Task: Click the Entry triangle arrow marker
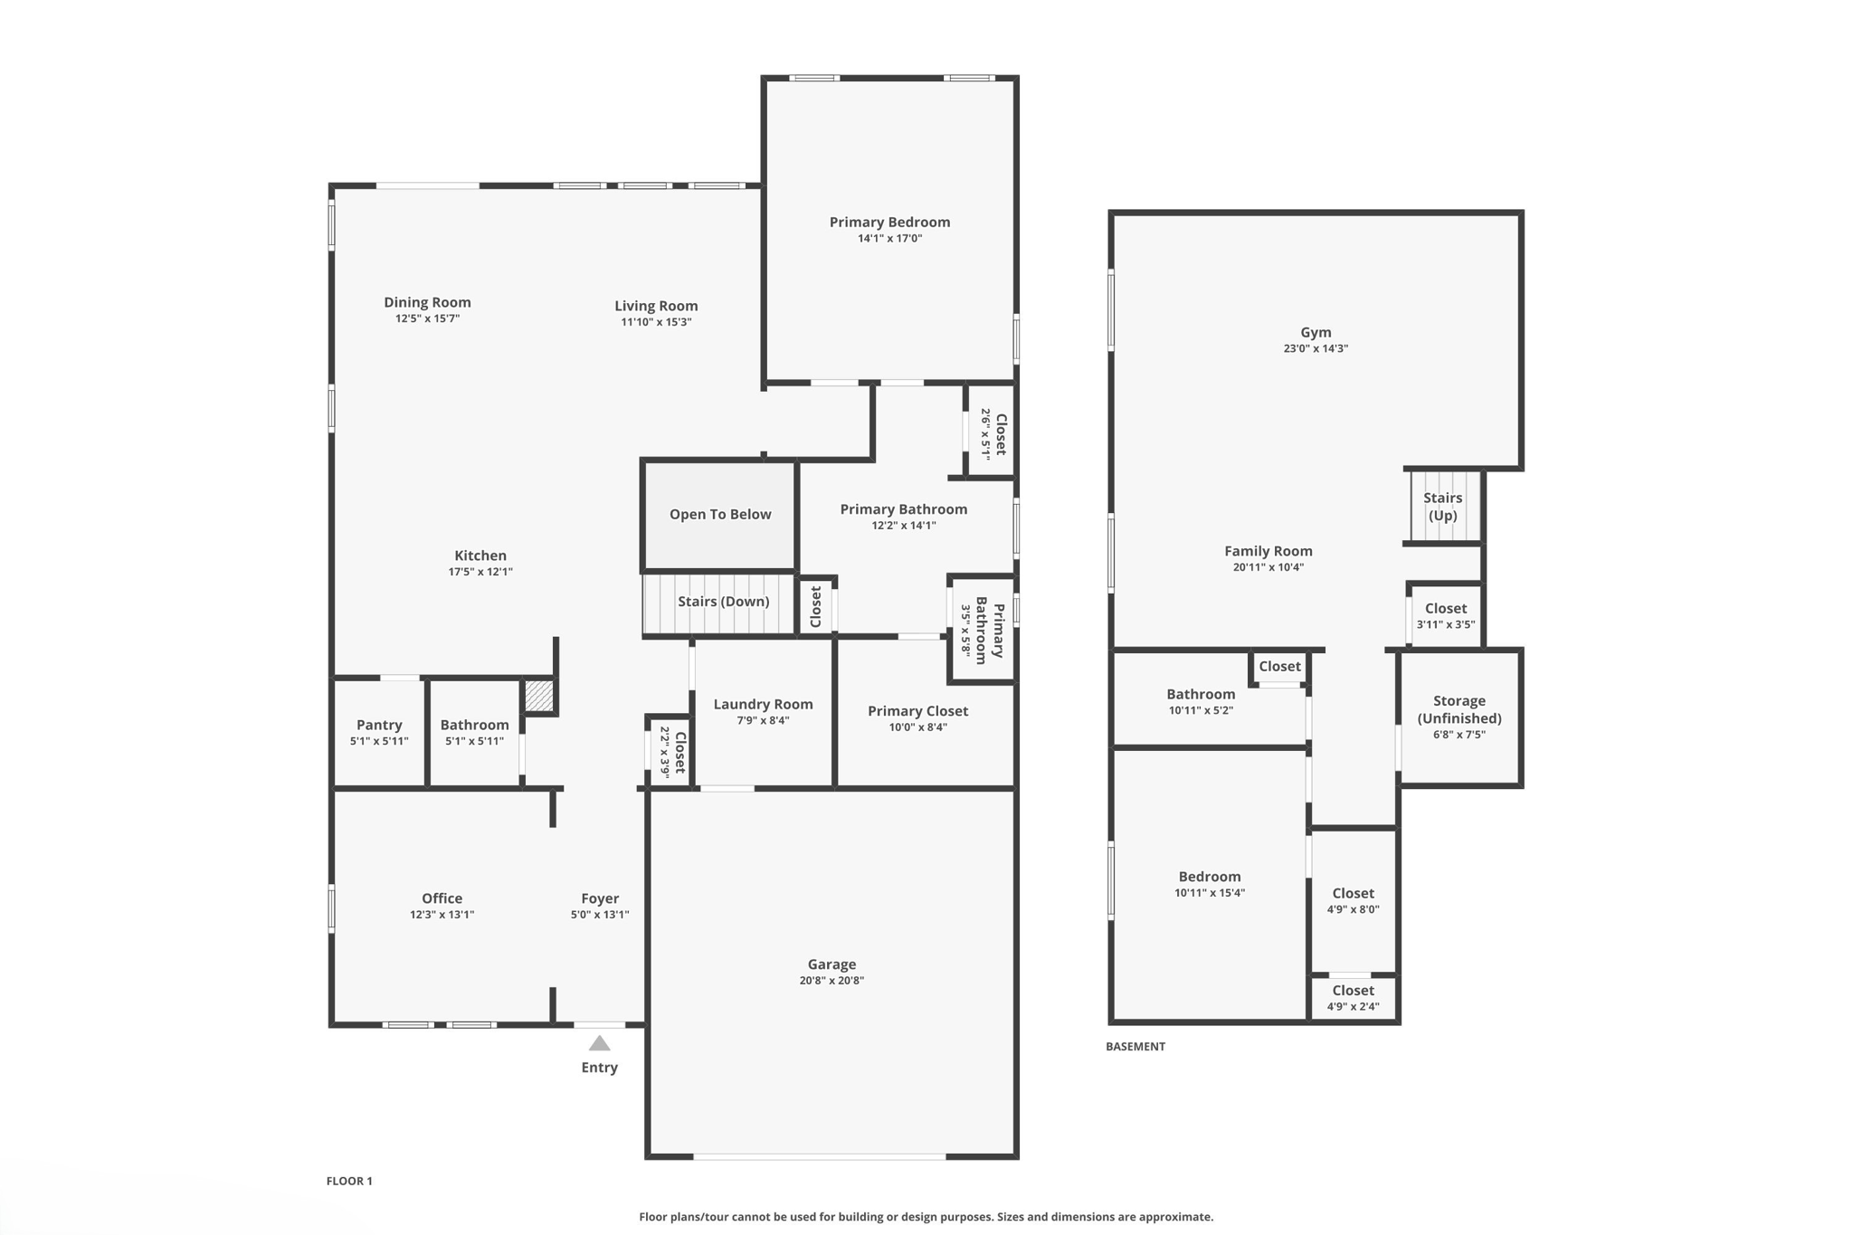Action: tap(599, 1043)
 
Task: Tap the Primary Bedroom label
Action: tap(889, 222)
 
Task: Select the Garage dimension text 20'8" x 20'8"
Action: tap(831, 981)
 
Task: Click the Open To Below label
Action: tap(720, 514)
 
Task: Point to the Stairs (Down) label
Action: tap(723, 602)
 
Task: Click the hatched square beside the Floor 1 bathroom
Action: tap(539, 696)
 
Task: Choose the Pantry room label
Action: tap(379, 725)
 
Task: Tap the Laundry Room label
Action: tap(763, 704)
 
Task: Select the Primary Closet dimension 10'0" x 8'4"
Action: tap(917, 727)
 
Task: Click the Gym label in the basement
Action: tap(1316, 332)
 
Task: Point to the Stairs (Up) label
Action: tap(1442, 507)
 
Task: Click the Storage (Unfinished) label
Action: tap(1459, 709)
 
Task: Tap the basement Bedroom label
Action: tap(1209, 876)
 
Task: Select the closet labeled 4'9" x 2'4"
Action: tap(1353, 998)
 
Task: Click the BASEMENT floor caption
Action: tap(1135, 1047)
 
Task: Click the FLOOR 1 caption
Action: tap(349, 1181)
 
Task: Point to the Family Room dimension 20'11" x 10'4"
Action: tap(1268, 567)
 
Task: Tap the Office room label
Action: tap(442, 898)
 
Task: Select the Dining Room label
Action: tap(427, 302)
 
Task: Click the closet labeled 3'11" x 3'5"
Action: tap(1445, 615)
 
